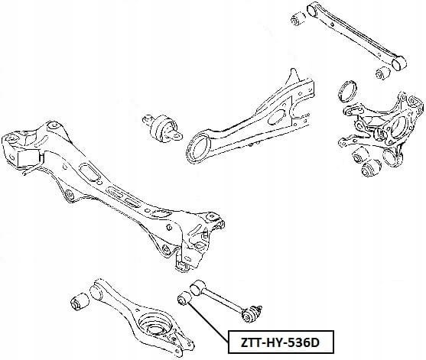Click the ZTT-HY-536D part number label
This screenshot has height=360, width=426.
pyautogui.click(x=280, y=342)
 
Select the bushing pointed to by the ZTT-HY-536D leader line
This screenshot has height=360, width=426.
pyautogui.click(x=184, y=298)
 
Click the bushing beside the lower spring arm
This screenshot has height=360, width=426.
pyautogui.click(x=80, y=302)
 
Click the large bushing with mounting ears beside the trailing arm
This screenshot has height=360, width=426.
pyautogui.click(x=162, y=127)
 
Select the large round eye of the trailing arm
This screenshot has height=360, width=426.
pyautogui.click(x=200, y=148)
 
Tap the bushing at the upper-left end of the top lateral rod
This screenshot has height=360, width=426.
pyautogui.click(x=298, y=18)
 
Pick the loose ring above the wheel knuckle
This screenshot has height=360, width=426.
pyautogui.click(x=348, y=91)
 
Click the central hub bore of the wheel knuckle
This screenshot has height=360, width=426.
pyautogui.click(x=398, y=128)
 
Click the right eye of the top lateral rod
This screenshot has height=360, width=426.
pyautogui.click(x=398, y=63)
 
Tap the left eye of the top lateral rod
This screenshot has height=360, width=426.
pyautogui.click(x=314, y=8)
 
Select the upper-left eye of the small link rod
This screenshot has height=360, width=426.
pyautogui.click(x=198, y=289)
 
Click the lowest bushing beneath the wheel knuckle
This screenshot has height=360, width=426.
pyautogui.click(x=371, y=168)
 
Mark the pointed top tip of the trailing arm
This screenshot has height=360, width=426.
pyautogui.click(x=292, y=70)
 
